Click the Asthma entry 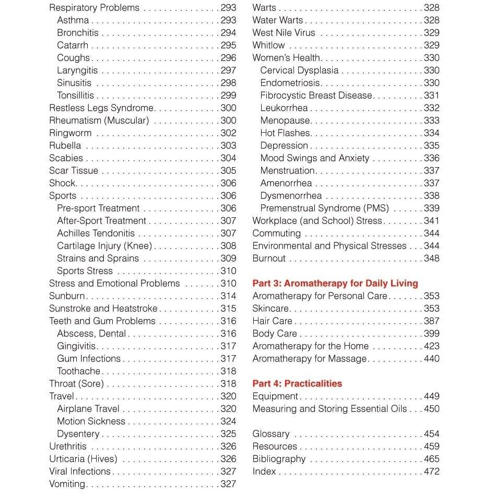[x=73, y=20]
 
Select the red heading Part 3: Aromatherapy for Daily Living [x=335, y=284]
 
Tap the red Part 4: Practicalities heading [x=297, y=384]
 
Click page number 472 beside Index [x=431, y=472]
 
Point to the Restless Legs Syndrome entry [x=101, y=108]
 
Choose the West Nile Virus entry [x=284, y=33]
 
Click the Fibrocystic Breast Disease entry [x=316, y=96]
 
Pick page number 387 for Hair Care [x=431, y=321]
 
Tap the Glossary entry [x=271, y=434]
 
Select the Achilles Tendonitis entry [x=96, y=233]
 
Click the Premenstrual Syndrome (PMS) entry [x=324, y=208]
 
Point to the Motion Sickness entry [x=91, y=421]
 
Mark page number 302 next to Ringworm [x=228, y=133]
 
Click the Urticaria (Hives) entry [x=83, y=459]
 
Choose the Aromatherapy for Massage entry [x=309, y=359]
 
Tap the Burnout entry [x=269, y=259]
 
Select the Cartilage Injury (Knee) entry [x=104, y=246]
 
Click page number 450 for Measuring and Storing [x=431, y=409]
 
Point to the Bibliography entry [x=279, y=459]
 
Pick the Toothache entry [x=78, y=371]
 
